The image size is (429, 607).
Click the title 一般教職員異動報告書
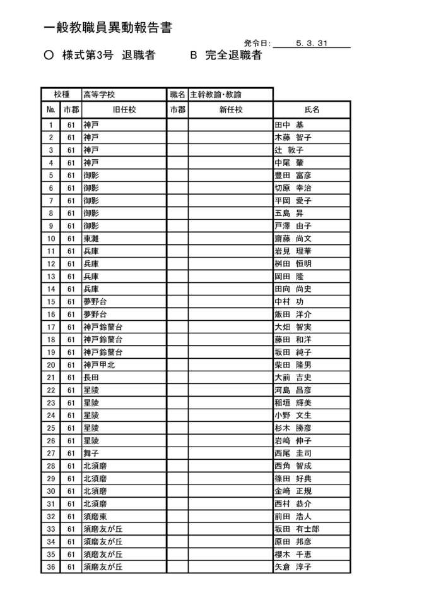[x=108, y=28]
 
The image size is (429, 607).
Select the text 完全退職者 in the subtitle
[x=233, y=56]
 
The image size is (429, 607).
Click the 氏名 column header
[x=312, y=110]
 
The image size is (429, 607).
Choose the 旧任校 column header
[x=124, y=110]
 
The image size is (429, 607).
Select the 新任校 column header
[x=230, y=110]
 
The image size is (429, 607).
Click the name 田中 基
[x=289, y=125]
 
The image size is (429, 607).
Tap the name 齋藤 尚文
[x=293, y=239]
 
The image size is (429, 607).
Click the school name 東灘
[x=91, y=239]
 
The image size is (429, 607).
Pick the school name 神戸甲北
[x=99, y=365]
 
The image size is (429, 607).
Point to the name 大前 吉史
[x=293, y=378]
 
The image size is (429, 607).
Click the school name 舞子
[x=91, y=454]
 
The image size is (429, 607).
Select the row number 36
[x=51, y=567]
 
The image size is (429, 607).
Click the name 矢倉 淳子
[x=293, y=567]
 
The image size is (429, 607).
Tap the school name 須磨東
[x=95, y=517]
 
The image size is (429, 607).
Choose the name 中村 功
[x=289, y=302]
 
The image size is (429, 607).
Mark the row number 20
[x=51, y=365]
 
